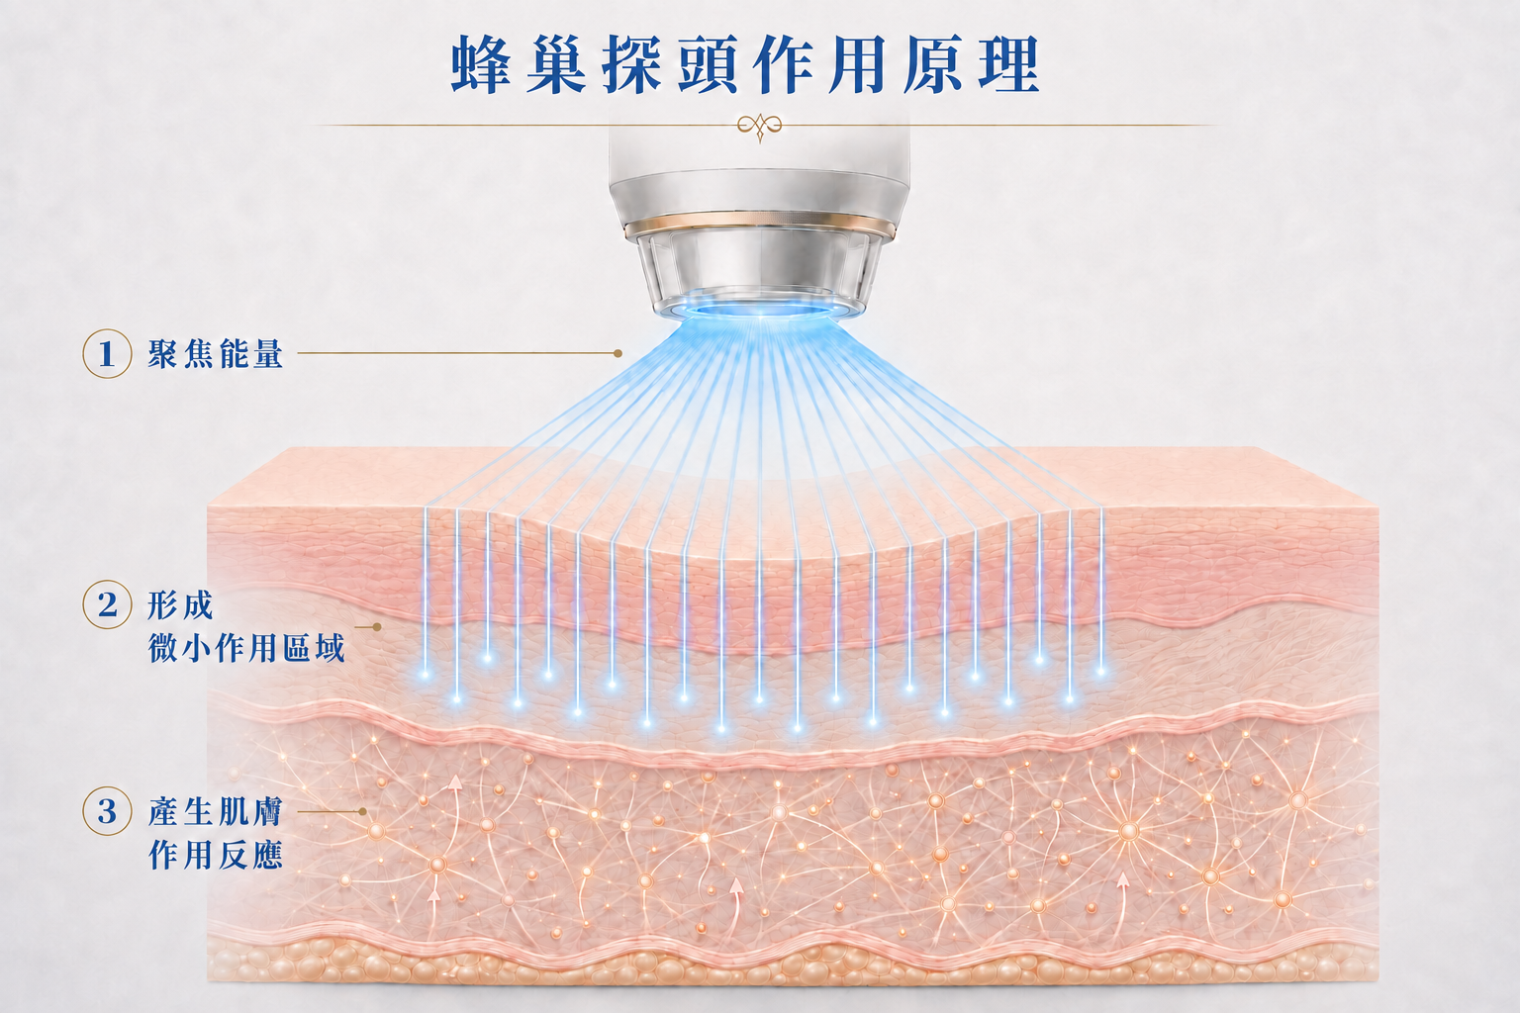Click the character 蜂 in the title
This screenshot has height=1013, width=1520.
click(x=481, y=64)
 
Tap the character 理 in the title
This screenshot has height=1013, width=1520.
click(x=1009, y=64)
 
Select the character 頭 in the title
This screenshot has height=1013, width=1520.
click(x=708, y=64)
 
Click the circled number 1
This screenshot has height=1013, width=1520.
click(x=107, y=353)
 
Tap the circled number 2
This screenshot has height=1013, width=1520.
click(x=107, y=603)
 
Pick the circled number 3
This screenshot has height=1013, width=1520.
click(x=107, y=811)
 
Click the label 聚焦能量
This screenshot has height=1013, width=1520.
click(x=215, y=353)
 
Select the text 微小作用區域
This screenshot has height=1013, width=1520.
click(x=246, y=648)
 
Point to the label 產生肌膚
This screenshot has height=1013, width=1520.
click(x=215, y=811)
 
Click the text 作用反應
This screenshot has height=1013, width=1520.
click(x=215, y=855)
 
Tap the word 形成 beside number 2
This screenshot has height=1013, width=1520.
click(x=180, y=604)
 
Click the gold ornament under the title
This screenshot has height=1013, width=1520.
click(x=759, y=127)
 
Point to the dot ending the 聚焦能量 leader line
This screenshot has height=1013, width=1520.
click(x=617, y=353)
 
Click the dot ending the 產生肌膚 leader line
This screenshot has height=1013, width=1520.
click(x=363, y=811)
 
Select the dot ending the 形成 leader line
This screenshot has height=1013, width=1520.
click(x=377, y=627)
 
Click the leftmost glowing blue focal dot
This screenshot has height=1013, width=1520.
click(x=426, y=675)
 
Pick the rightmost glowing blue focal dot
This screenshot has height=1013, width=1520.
click(x=1100, y=671)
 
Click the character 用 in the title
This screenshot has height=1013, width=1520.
click(x=858, y=64)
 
